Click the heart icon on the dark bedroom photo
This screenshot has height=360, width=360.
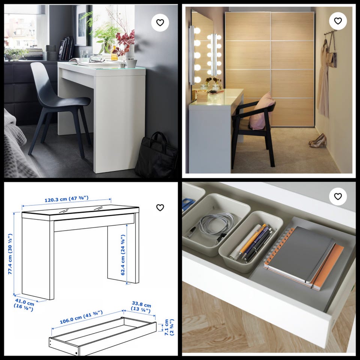click(160, 22)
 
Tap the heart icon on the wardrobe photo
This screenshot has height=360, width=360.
click(338, 21)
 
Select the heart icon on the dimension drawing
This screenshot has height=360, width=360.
click(160, 207)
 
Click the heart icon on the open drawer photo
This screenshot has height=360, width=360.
click(338, 196)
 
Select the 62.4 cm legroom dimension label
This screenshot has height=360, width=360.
click(123, 255)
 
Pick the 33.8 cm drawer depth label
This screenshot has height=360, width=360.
click(141, 307)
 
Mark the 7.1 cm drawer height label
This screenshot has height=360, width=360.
click(169, 327)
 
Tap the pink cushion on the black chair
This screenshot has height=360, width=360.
click(262, 111)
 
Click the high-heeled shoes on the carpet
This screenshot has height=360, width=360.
click(318, 141)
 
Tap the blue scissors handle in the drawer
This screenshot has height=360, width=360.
click(187, 204)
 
